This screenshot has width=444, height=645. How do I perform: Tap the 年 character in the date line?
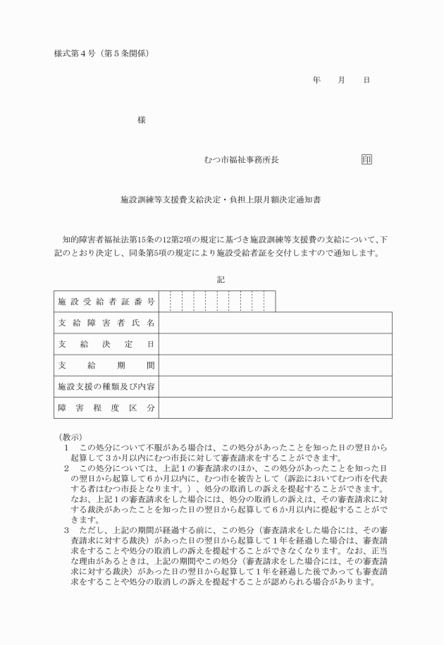pos(316,80)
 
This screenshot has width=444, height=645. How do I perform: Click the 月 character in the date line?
pos(341,80)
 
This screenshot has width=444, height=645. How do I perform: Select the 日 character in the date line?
pos(366,80)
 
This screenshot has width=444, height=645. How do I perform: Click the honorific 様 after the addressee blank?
pos(142,120)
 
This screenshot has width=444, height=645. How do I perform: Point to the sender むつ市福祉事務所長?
pos(240,160)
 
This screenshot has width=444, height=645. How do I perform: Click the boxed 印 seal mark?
pos(366,159)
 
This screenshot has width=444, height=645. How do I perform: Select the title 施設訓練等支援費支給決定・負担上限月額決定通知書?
pos(221,199)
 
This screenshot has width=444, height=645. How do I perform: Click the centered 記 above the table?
pos(221,279)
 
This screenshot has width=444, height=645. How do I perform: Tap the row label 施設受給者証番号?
pos(106,302)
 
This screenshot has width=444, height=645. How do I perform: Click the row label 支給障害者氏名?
pos(106,323)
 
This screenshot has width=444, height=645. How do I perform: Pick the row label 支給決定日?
pos(106,344)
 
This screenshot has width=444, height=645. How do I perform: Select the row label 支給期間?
pos(106,365)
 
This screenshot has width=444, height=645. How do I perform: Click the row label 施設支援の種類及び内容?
pos(106,386)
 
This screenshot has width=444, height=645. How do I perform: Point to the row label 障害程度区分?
pos(106,407)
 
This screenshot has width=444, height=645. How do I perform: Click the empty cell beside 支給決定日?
pos(275,344)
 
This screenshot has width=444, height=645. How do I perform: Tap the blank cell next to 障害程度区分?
pos(275,407)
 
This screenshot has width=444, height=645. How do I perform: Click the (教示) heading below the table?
pos(70,437)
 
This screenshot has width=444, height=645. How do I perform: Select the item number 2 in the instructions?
pos(67,467)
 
